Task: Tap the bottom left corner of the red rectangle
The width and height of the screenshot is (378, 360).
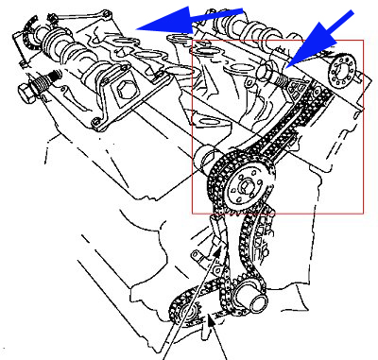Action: click(193, 214)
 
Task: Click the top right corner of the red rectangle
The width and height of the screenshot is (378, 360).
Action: click(363, 41)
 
